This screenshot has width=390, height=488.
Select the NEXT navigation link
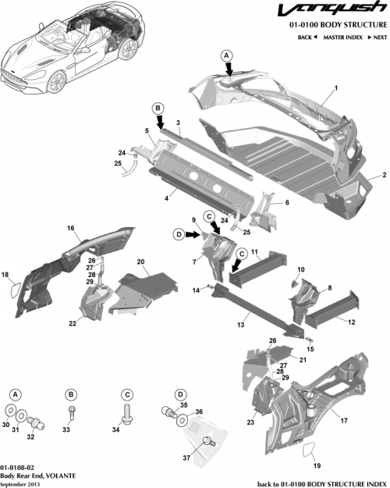point(378,37)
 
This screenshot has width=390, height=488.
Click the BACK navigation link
point(307,37)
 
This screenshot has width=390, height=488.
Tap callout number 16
point(69,228)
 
